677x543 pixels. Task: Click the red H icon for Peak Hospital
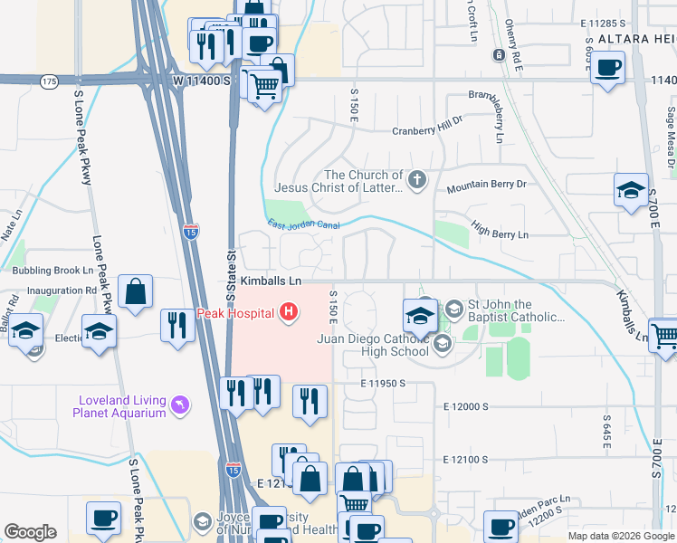point(289,313)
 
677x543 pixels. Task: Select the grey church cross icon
point(416,180)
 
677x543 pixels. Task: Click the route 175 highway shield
point(49,82)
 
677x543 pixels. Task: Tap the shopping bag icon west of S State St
point(135,291)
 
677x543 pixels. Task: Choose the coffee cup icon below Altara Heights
point(607,66)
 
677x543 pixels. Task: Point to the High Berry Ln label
point(499,234)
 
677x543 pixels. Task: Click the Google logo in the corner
point(30,532)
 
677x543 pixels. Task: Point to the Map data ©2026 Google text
point(621,536)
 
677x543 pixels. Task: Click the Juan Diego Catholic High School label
point(372,345)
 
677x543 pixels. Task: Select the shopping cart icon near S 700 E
point(664,335)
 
